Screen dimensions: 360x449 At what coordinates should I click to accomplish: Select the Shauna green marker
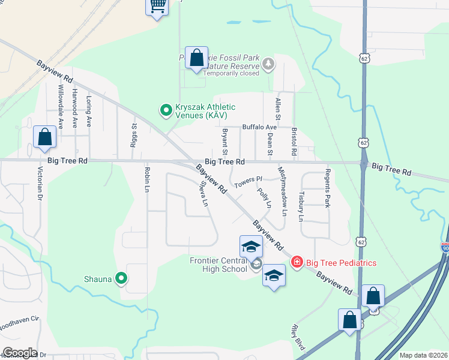(121, 278)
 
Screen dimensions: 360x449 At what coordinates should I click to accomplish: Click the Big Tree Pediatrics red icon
(296, 262)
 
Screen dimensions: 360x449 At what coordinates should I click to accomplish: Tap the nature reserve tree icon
(268, 63)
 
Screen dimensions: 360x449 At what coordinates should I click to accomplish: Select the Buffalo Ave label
(259, 127)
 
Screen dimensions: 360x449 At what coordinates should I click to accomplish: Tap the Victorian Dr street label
(41, 184)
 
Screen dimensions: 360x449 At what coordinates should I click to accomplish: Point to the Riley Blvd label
(297, 337)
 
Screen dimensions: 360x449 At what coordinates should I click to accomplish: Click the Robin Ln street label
(147, 179)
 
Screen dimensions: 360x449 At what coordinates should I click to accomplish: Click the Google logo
(20, 353)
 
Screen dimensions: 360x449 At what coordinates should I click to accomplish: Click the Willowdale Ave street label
(61, 106)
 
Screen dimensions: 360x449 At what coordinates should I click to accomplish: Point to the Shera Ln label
(203, 195)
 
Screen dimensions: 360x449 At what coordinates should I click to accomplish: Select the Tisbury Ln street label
(302, 206)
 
